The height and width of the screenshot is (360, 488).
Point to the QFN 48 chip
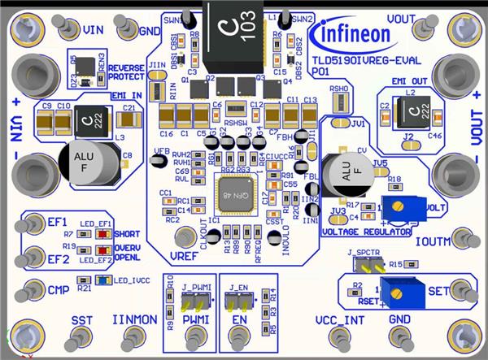(236, 195)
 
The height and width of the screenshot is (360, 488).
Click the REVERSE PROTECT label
(125, 72)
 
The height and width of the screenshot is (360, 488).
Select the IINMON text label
(133, 320)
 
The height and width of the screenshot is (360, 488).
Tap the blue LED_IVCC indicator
(102, 280)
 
